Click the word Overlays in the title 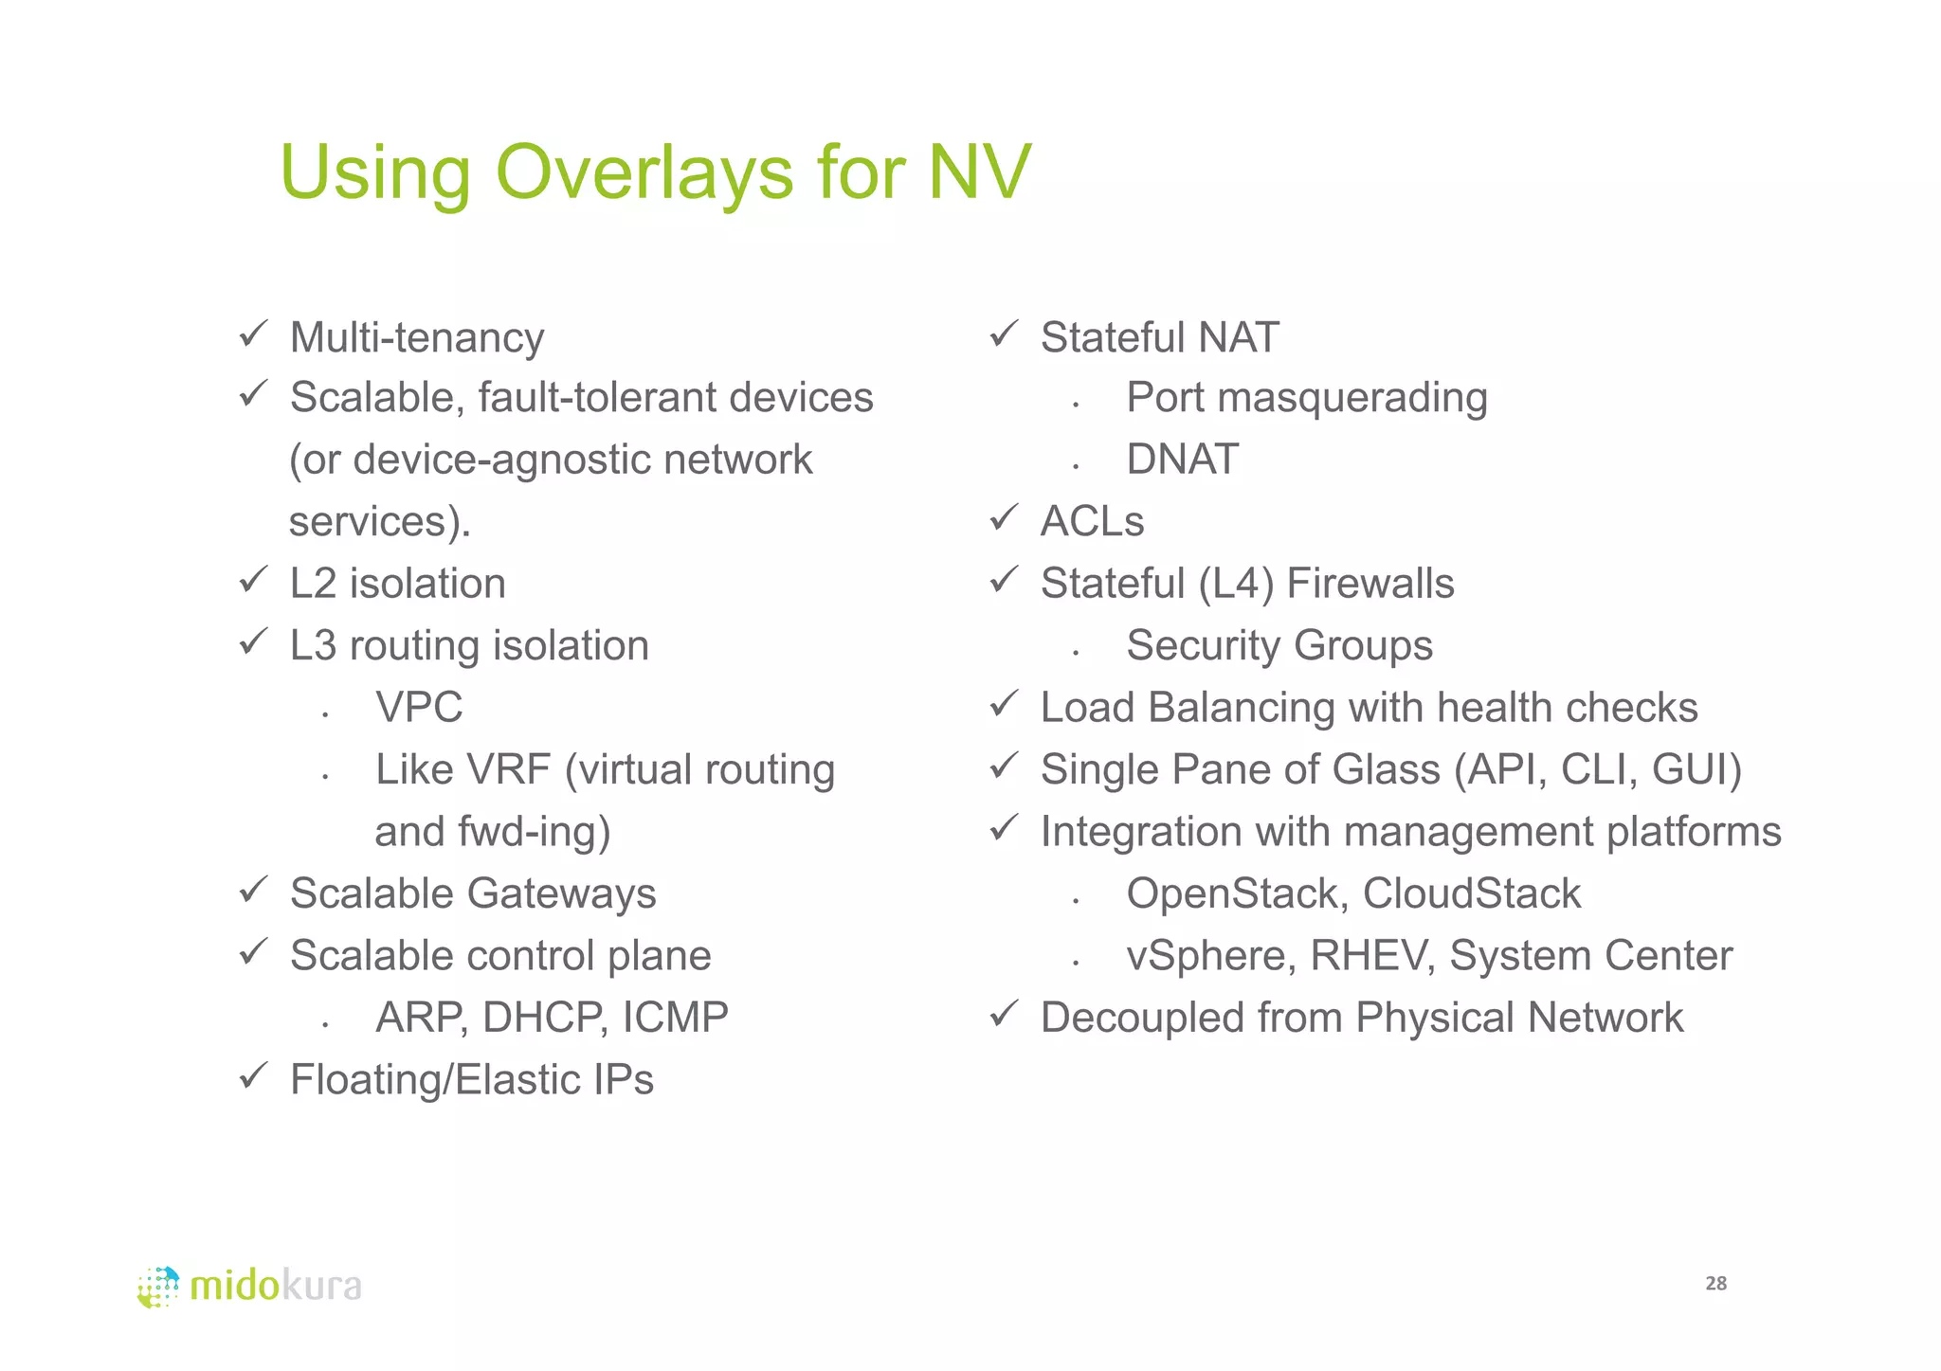(644, 172)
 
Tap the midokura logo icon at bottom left (158, 1287)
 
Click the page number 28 (1715, 1284)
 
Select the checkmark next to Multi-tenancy (253, 334)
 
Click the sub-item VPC (419, 708)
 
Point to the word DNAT (1182, 460)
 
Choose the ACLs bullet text (1092, 521)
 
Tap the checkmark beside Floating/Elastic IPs (253, 1076)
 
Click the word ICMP (676, 1018)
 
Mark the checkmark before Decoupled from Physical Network (1003, 1015)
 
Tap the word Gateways (561, 893)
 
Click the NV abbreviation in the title (979, 172)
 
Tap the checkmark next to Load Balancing (1003, 705)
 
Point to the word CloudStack (1472, 893)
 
